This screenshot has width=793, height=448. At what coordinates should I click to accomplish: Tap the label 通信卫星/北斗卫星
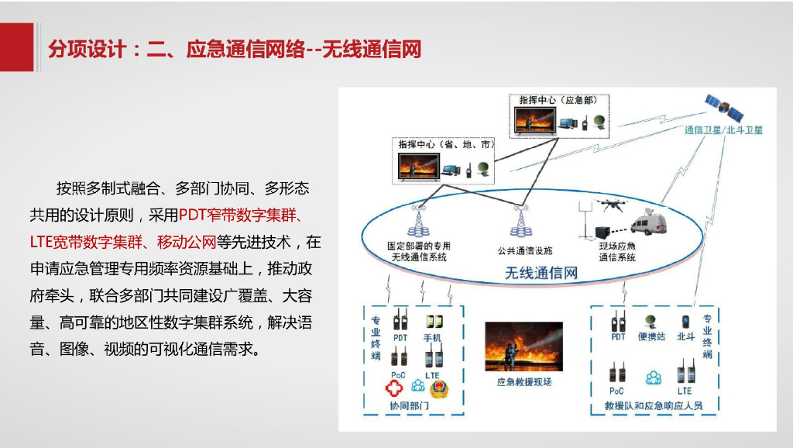click(x=723, y=130)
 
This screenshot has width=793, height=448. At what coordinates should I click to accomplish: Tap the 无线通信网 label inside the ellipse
click(x=541, y=273)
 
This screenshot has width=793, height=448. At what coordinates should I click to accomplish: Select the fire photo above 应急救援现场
click(x=524, y=346)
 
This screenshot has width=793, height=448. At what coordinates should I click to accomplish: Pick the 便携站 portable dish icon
click(x=651, y=320)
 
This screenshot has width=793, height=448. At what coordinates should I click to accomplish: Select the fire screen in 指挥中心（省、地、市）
click(x=419, y=166)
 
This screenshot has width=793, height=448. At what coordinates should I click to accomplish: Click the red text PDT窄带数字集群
click(x=240, y=215)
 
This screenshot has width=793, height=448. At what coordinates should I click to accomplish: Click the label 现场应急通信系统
click(x=616, y=253)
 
